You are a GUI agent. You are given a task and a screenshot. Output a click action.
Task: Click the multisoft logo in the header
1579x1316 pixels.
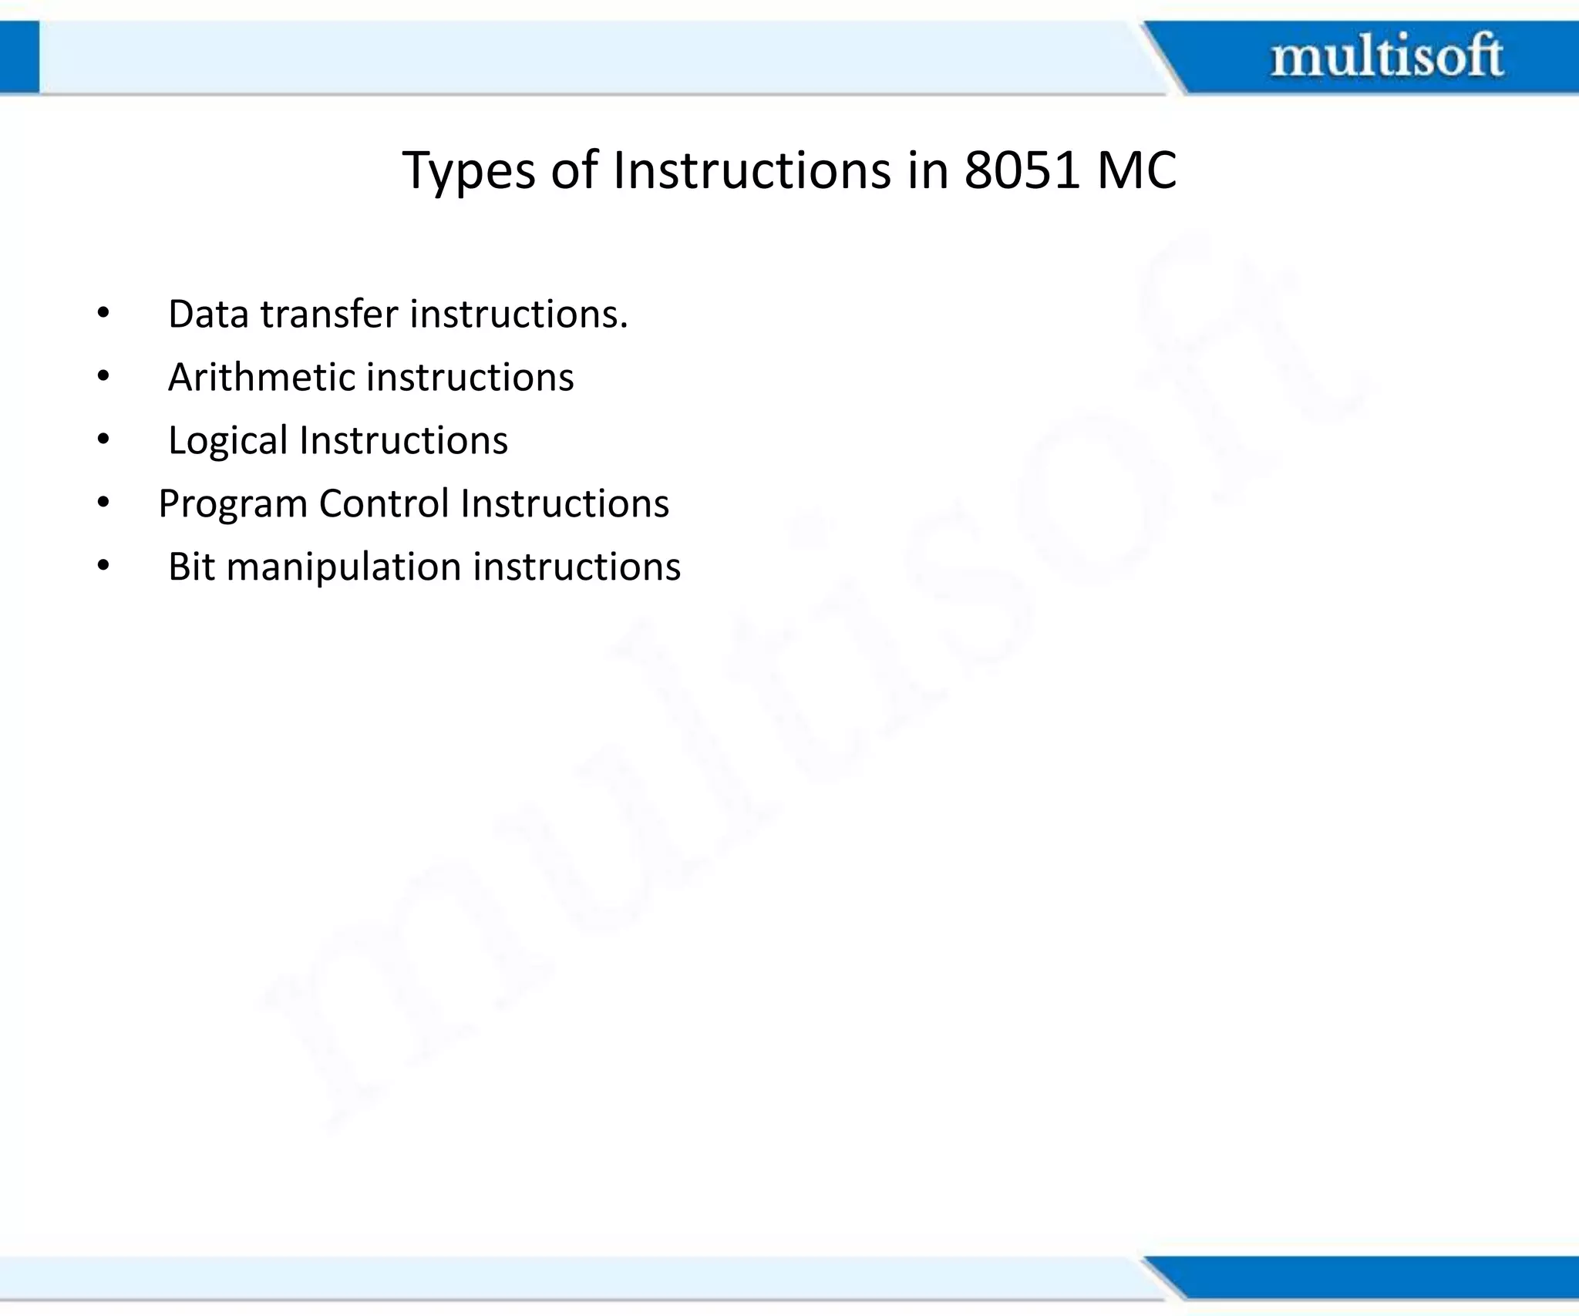[x=1386, y=56]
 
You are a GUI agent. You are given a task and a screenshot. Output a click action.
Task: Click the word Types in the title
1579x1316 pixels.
[x=469, y=171]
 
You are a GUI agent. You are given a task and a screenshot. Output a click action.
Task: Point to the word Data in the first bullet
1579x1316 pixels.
[x=208, y=315]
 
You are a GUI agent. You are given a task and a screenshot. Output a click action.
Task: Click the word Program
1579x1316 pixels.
[x=233, y=504]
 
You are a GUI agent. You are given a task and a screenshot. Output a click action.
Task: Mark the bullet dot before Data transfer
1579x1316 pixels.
[x=103, y=315]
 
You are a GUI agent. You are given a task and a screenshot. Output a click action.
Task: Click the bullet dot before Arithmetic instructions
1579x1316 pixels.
[x=103, y=378]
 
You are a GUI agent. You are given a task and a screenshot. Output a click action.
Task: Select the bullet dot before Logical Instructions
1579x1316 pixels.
[x=103, y=441]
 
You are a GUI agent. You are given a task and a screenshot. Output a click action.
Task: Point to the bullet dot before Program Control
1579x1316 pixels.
[x=103, y=504]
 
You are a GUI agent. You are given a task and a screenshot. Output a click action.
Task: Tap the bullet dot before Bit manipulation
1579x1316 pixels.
[x=103, y=567]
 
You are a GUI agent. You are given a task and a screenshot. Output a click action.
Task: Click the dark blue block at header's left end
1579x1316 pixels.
[x=19, y=57]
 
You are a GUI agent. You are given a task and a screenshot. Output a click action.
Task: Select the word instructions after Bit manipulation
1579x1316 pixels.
[x=577, y=567]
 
